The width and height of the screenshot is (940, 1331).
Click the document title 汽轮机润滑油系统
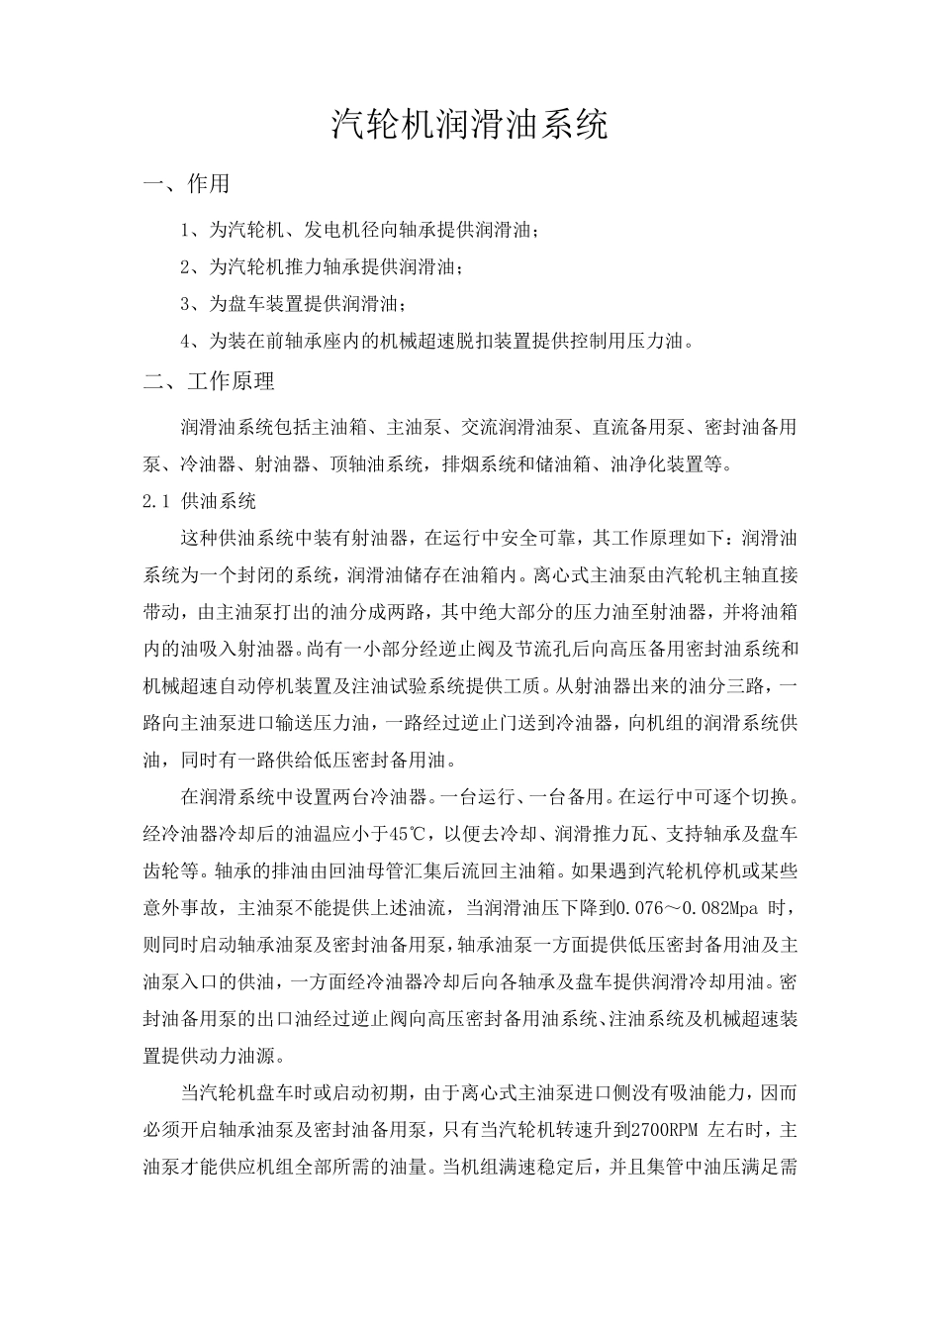click(x=468, y=124)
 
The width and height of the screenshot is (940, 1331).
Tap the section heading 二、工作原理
click(x=209, y=380)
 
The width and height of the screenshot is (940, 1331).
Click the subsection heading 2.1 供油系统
click(x=200, y=501)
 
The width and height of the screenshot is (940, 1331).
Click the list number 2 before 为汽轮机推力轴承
click(x=186, y=267)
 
